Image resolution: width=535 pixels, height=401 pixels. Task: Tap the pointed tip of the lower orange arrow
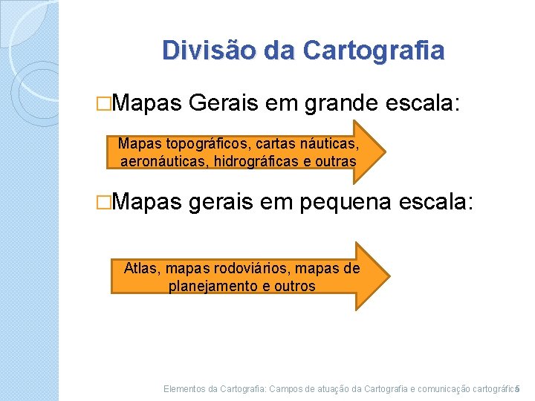click(388, 276)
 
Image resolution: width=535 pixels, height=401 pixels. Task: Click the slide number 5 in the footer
click(518, 388)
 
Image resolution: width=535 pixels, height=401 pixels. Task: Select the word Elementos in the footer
click(184, 388)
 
